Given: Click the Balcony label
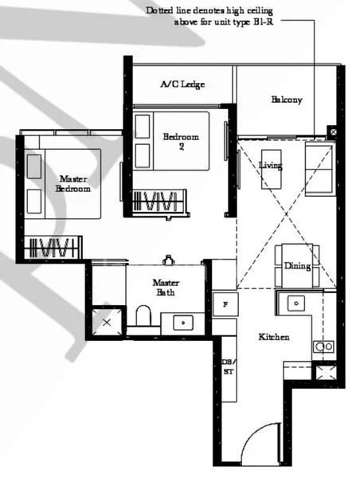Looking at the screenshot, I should pyautogui.click(x=287, y=100).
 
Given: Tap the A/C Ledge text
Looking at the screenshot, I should pyautogui.click(x=182, y=84).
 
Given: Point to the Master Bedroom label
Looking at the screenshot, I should pyautogui.click(x=72, y=184).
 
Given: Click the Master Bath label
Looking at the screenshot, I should pyautogui.click(x=165, y=288).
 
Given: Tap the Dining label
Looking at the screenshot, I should pyautogui.click(x=297, y=266).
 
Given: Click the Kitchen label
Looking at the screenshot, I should pyautogui.click(x=274, y=337).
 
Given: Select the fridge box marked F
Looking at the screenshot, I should pyautogui.click(x=225, y=304).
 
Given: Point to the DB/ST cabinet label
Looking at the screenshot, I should pyautogui.click(x=227, y=367).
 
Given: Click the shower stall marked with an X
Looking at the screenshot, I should pyautogui.click(x=106, y=323).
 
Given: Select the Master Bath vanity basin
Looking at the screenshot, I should pyautogui.click(x=183, y=323).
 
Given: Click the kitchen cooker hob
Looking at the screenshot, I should pyautogui.click(x=323, y=347).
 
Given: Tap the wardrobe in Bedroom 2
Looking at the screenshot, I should pyautogui.click(x=159, y=202).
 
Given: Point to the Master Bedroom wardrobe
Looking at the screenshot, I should pyautogui.click(x=53, y=248).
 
